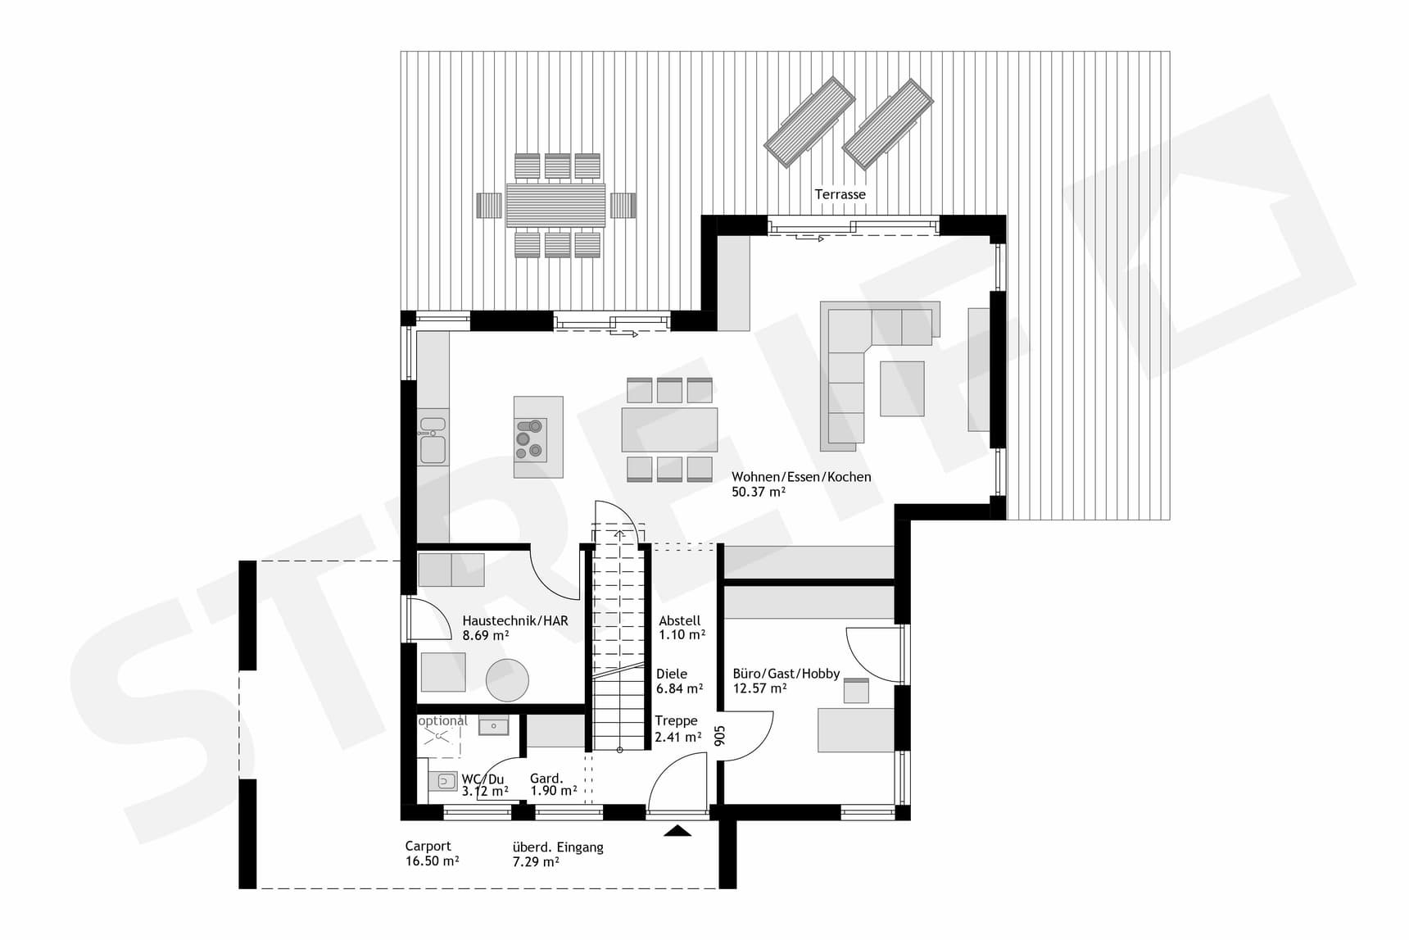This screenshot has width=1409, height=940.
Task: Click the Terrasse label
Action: [840, 194]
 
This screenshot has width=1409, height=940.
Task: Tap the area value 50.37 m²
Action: [759, 492]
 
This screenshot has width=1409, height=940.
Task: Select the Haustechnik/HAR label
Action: [514, 620]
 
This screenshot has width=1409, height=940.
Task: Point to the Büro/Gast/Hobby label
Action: [786, 674]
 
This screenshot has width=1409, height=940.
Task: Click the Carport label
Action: [428, 846]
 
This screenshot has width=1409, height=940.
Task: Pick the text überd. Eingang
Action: [557, 847]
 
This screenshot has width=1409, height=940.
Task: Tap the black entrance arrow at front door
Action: [677, 831]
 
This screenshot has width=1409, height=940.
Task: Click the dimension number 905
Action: [720, 735]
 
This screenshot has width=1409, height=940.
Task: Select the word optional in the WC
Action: [442, 721]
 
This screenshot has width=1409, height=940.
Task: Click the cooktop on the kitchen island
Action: [530, 439]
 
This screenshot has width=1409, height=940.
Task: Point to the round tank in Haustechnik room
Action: [507, 679]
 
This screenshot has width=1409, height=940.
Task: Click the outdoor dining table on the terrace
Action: [555, 205]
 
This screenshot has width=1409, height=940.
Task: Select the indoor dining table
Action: [669, 429]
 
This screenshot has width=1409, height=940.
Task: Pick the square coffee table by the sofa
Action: [902, 388]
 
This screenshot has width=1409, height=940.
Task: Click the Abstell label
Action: [679, 620]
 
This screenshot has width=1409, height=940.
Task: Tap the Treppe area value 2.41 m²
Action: [677, 737]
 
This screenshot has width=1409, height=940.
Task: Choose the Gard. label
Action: [546, 779]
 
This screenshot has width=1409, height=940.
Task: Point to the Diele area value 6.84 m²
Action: [679, 688]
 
